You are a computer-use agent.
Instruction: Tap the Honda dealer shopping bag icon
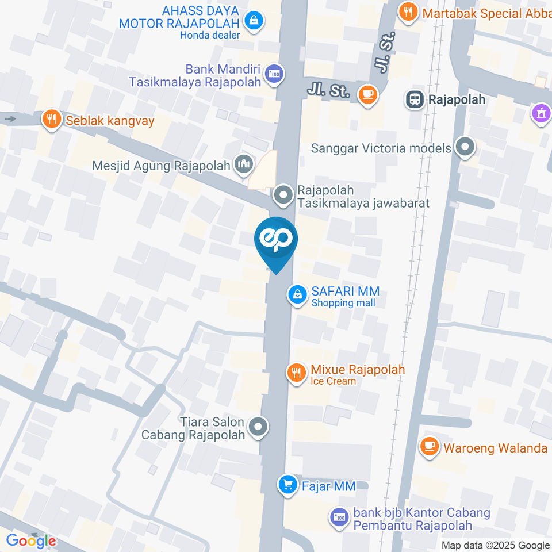(252, 21)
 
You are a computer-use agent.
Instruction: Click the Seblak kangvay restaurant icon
(52, 119)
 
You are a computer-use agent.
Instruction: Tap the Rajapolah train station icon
(415, 99)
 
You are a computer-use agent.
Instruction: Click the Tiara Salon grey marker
(259, 427)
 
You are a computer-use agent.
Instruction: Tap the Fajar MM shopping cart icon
(287, 484)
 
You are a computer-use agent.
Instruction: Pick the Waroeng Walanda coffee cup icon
(428, 445)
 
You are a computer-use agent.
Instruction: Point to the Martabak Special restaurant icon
(408, 10)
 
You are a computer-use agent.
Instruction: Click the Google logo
(31, 540)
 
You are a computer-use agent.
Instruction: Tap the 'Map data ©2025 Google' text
(495, 546)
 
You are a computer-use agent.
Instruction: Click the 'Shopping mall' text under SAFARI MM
(343, 303)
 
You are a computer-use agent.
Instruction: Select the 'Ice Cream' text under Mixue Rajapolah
(333, 381)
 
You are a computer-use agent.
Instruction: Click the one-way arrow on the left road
(10, 119)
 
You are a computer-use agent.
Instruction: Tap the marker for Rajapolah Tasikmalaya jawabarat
(282, 196)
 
